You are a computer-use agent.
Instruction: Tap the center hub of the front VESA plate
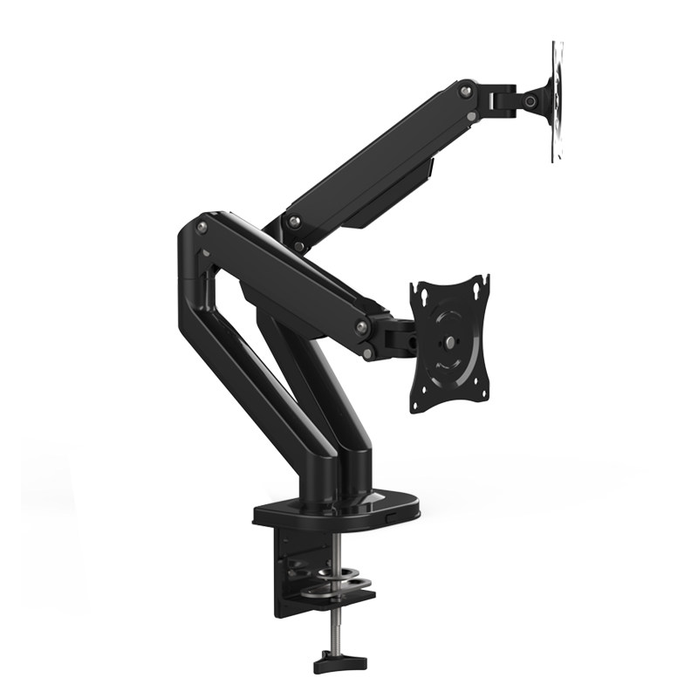450,342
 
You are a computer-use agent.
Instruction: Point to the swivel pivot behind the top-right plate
529,101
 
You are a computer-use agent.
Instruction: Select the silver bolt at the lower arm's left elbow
202,227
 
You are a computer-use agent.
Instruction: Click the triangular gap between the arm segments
229,297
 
